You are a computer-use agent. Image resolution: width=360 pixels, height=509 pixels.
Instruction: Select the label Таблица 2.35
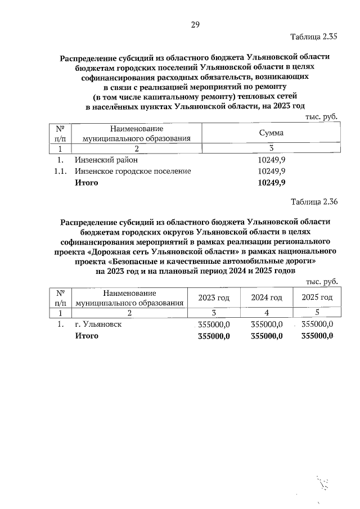coord(314,38)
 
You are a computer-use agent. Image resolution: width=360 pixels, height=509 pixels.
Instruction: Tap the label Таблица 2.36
coord(314,201)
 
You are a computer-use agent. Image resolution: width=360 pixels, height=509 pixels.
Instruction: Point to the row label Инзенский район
coord(106,160)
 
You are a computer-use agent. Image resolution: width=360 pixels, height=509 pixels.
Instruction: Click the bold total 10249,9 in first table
coord(271,183)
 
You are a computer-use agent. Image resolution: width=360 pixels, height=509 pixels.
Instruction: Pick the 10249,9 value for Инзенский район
coord(271,160)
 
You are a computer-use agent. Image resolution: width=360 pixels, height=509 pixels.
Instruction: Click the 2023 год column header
coord(214,297)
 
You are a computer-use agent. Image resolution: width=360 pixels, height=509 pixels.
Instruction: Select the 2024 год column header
coord(266,297)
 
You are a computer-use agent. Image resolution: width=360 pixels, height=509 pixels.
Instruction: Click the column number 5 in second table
coord(317,313)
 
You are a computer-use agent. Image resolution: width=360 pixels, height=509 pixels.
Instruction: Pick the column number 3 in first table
coord(271,148)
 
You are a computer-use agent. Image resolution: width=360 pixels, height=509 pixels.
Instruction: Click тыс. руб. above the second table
coord(321,281)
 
